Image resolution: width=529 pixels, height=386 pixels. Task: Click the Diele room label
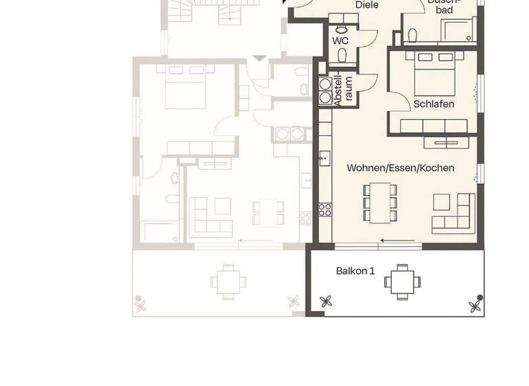tap(368, 5)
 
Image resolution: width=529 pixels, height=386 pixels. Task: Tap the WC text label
tap(341, 41)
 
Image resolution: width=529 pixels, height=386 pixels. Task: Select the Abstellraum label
tap(343, 90)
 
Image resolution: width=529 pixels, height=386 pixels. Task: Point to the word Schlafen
tap(434, 104)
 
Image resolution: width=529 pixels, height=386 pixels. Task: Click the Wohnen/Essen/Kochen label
tap(400, 167)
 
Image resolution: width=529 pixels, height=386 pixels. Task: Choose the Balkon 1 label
tap(355, 271)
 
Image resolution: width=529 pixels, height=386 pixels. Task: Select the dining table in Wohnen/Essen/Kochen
tap(380, 202)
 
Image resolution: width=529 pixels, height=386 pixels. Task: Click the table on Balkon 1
tap(401, 281)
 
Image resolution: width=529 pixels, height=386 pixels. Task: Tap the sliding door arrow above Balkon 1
tap(393, 241)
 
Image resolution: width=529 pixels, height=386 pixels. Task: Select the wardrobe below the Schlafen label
tap(434, 125)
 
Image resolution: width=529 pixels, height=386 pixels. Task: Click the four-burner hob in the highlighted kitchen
tap(324, 209)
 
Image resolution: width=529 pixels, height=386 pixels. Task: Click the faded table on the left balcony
tap(227, 281)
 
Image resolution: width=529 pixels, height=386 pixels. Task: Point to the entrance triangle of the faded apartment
tap(258, 59)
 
